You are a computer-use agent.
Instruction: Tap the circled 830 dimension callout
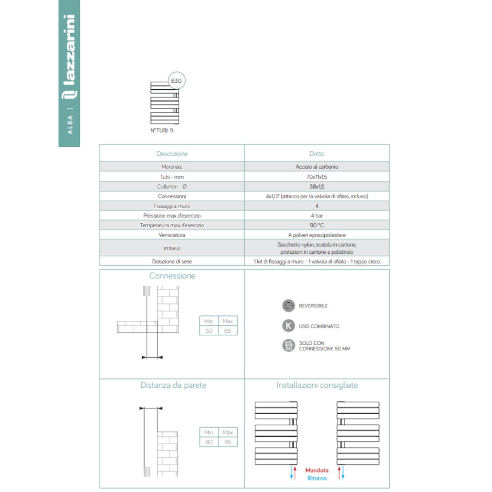coord(177,81)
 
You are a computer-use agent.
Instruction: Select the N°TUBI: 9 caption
coord(162,130)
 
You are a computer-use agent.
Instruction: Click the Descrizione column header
coord(172,154)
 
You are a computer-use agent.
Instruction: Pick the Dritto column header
coord(317,154)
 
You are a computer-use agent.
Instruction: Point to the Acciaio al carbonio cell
coord(317,167)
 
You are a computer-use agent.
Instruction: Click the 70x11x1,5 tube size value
coord(317,177)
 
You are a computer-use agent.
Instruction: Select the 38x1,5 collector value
coord(317,186)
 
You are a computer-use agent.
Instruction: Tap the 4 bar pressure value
coord(317,216)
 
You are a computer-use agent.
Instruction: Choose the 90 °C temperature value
coord(317,225)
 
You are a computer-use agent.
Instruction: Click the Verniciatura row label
coord(172,235)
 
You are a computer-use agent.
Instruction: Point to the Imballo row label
coord(172,248)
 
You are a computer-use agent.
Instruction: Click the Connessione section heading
coord(172,276)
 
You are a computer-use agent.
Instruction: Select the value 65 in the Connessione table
coord(228,331)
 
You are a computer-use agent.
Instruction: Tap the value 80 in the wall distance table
coord(209,442)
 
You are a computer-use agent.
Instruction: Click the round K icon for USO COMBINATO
coord(288,326)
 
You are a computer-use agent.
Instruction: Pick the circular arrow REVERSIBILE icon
coord(288,306)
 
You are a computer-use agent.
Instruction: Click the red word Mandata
coord(317,470)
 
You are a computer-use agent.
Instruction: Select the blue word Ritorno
coord(317,478)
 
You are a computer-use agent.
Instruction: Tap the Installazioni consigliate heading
coord(317,385)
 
